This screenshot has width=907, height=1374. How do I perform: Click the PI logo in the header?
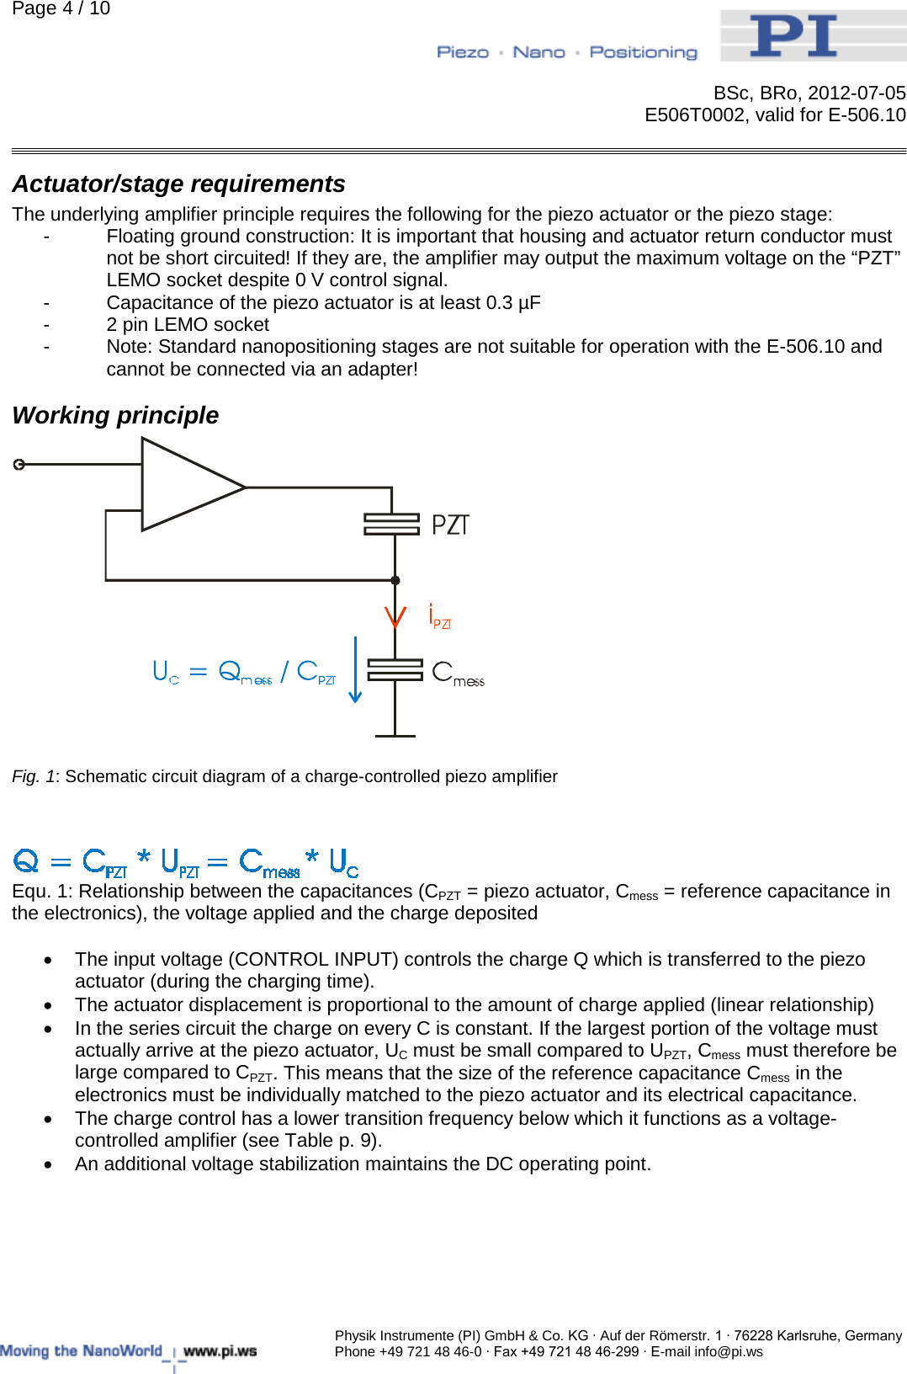click(x=793, y=35)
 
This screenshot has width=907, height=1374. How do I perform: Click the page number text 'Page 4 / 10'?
click(x=61, y=8)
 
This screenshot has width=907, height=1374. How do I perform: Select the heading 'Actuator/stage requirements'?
click(x=178, y=184)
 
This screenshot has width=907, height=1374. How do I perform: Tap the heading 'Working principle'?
click(x=115, y=415)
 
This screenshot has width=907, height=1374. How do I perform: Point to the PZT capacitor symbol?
click(x=392, y=525)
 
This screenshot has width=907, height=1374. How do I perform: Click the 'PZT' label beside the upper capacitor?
click(x=450, y=525)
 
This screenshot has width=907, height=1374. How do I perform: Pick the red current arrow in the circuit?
click(x=395, y=616)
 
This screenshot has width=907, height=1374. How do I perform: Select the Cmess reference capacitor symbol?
click(x=395, y=670)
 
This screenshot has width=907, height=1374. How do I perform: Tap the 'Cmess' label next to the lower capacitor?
click(x=458, y=674)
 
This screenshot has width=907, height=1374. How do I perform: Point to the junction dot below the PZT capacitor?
click(x=395, y=580)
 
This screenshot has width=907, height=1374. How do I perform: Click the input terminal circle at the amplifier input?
click(x=19, y=464)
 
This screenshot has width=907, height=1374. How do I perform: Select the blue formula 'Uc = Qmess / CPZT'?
click(x=244, y=672)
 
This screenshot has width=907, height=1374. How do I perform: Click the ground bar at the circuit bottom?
click(x=395, y=736)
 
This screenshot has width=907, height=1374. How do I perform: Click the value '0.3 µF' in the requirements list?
click(x=513, y=303)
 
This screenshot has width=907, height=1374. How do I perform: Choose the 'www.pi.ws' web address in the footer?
click(x=220, y=1351)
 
